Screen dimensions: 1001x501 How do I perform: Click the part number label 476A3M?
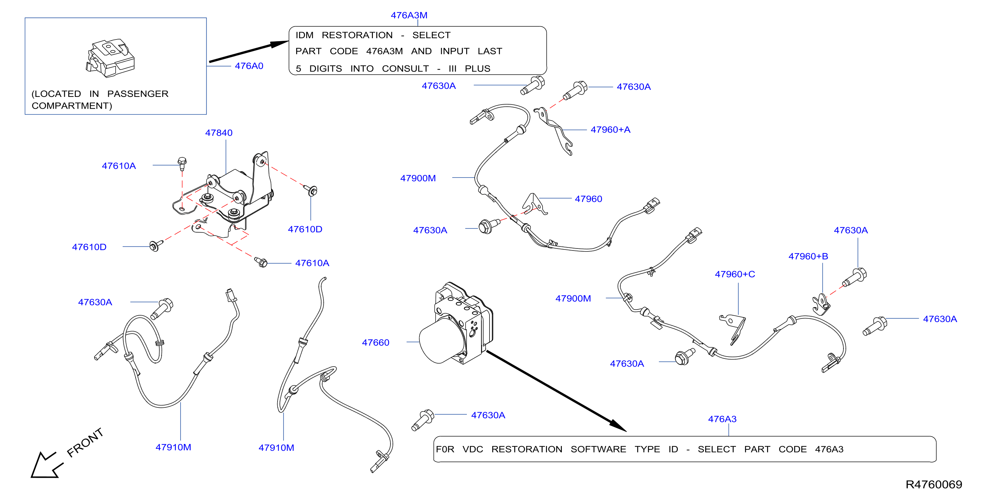(x=409, y=15)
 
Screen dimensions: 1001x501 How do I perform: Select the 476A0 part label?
(x=249, y=66)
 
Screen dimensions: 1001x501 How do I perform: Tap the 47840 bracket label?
(x=219, y=133)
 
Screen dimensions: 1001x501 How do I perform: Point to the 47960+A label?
(x=611, y=130)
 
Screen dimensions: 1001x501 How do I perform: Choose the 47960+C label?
(x=735, y=274)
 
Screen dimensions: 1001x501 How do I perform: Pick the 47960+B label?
(x=808, y=257)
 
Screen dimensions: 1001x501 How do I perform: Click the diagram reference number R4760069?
(x=934, y=484)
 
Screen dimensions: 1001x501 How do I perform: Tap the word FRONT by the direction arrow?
(x=85, y=443)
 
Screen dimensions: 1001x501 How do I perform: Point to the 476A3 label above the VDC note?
(x=722, y=419)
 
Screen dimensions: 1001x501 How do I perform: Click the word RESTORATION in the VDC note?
(x=527, y=449)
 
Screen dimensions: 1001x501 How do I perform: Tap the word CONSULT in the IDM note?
(x=405, y=69)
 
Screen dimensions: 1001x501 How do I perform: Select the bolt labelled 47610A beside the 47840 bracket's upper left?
(x=182, y=163)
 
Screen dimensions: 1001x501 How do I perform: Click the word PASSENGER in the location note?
(x=138, y=94)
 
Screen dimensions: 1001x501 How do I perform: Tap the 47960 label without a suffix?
(x=588, y=199)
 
